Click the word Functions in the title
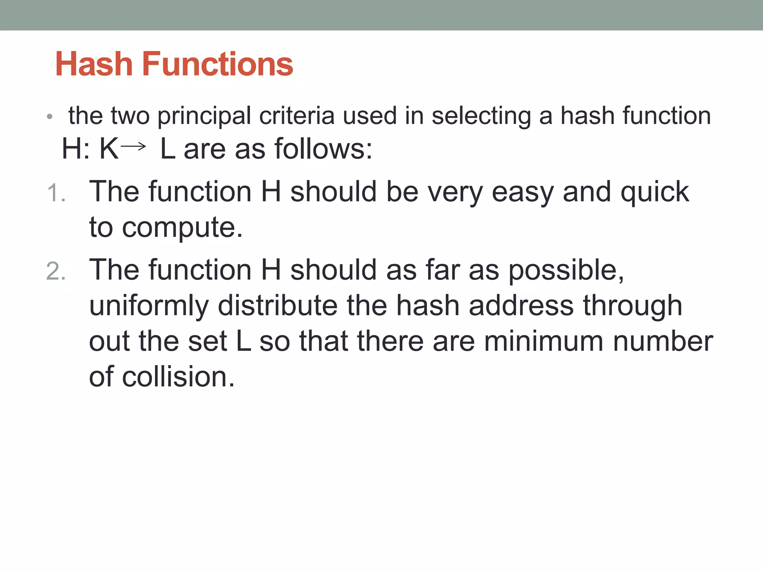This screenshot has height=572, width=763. (218, 64)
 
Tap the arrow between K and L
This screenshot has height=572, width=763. (133, 146)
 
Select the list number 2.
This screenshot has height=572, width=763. (56, 271)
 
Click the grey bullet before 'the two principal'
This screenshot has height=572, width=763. (50, 117)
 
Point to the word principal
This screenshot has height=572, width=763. (204, 116)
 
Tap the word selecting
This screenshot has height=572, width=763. (481, 116)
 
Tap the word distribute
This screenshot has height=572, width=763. (278, 305)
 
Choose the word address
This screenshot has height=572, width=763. (521, 305)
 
